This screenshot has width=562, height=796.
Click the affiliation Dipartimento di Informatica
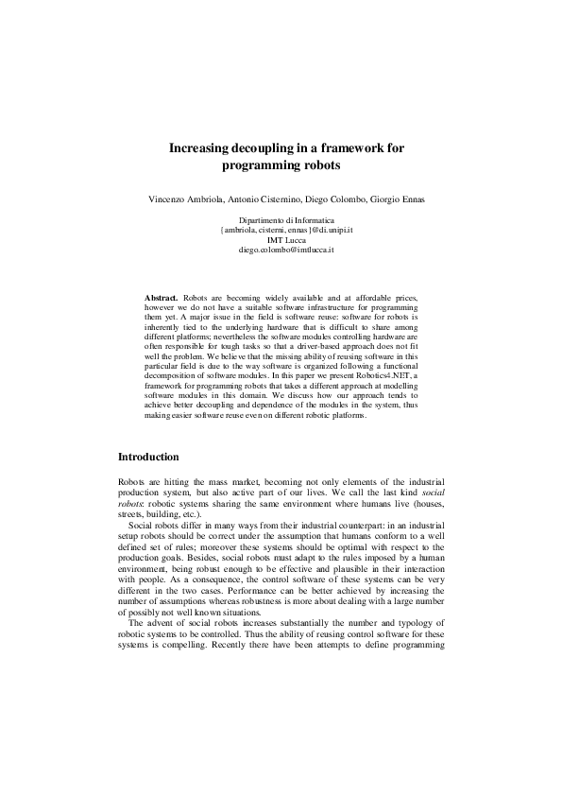pyautogui.click(x=281, y=220)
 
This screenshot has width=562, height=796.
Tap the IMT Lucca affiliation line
pyautogui.click(x=281, y=240)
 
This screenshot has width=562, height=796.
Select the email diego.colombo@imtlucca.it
pyautogui.click(x=281, y=250)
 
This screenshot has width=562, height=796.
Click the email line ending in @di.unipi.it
pyautogui.click(x=281, y=230)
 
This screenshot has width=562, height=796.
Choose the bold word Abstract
pyautogui.click(x=161, y=297)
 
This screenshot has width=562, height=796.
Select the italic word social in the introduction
pyautogui.click(x=432, y=493)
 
